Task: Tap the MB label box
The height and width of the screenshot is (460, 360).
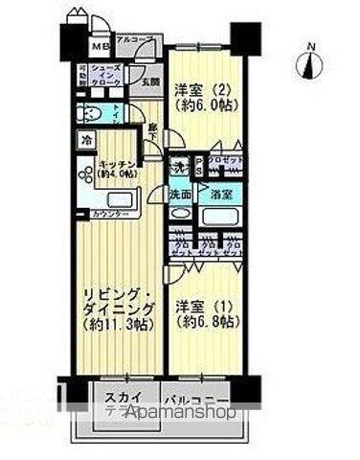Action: click(99, 45)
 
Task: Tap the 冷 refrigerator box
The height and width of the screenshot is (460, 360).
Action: click(85, 140)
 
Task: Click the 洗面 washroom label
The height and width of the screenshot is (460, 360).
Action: click(180, 194)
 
